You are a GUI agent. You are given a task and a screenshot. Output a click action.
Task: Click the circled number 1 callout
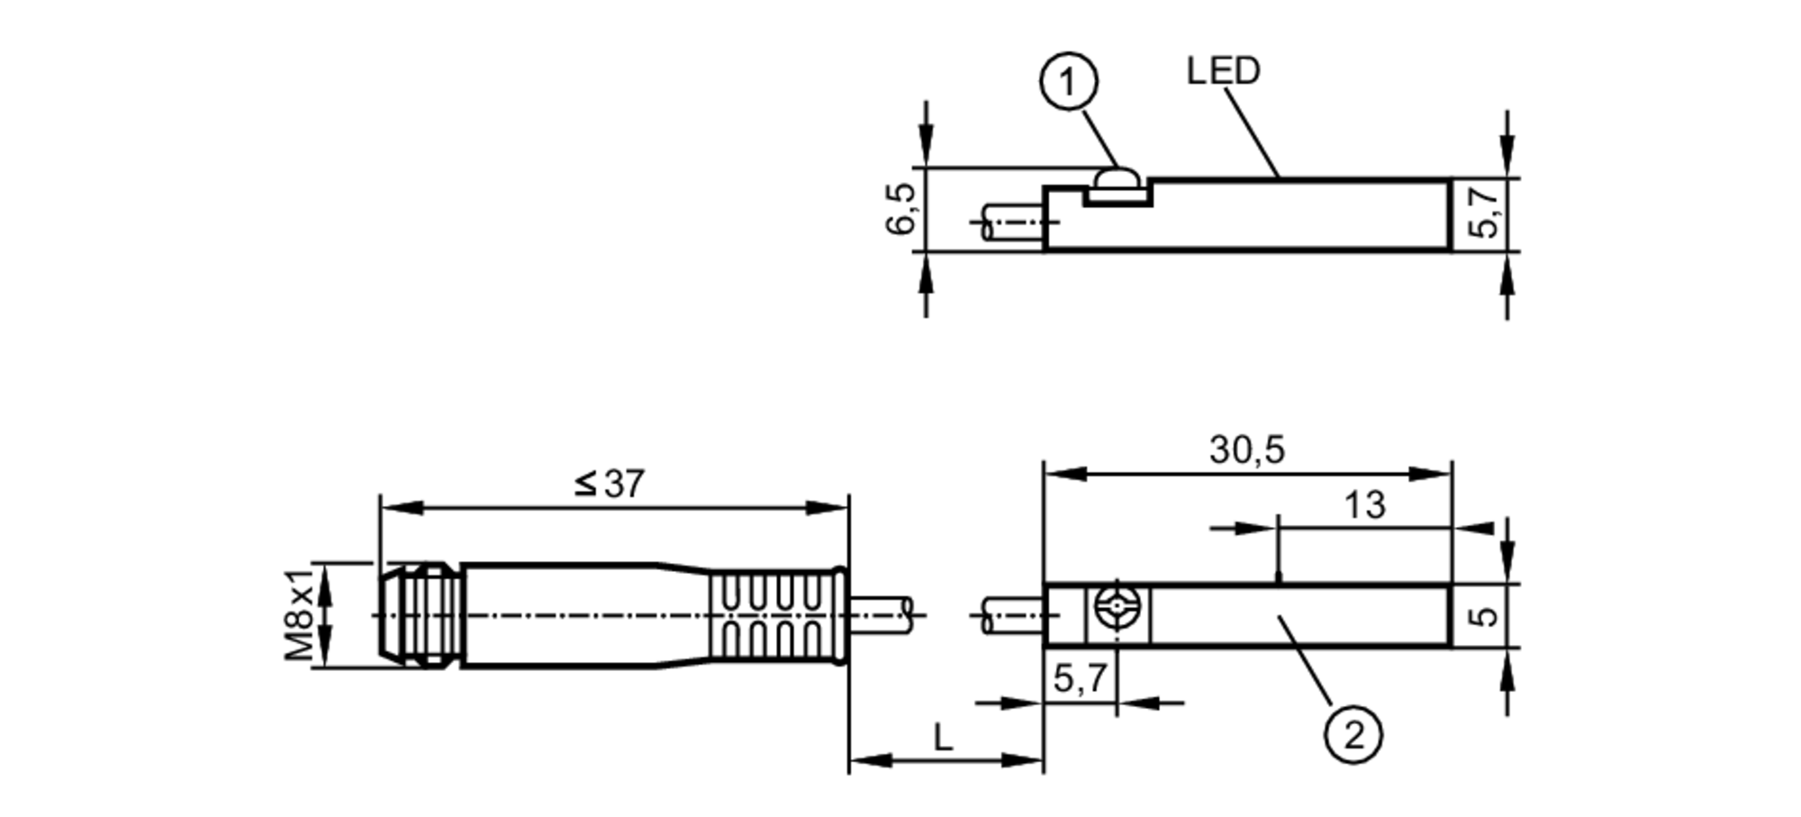(1068, 83)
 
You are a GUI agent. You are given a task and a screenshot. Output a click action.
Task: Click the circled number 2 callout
(1353, 735)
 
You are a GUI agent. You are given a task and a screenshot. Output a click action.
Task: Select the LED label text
(1223, 71)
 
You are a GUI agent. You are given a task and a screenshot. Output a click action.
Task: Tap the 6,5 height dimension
(900, 208)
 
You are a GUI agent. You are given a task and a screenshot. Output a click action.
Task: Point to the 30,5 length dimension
(1246, 449)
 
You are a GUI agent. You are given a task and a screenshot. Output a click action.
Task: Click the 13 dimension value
(1364, 505)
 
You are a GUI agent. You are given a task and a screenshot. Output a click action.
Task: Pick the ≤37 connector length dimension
(611, 485)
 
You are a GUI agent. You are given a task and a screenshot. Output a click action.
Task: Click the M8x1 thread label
(301, 614)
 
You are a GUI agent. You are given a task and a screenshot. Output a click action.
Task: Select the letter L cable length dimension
(943, 739)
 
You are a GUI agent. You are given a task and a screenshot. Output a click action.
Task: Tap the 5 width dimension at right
(1484, 616)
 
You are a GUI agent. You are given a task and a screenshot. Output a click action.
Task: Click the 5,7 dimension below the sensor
(1080, 678)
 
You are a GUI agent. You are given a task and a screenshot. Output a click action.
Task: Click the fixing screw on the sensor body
(1118, 606)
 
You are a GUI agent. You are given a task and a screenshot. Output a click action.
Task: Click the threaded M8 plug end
(419, 616)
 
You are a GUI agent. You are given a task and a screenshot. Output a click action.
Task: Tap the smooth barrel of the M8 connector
(576, 616)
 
